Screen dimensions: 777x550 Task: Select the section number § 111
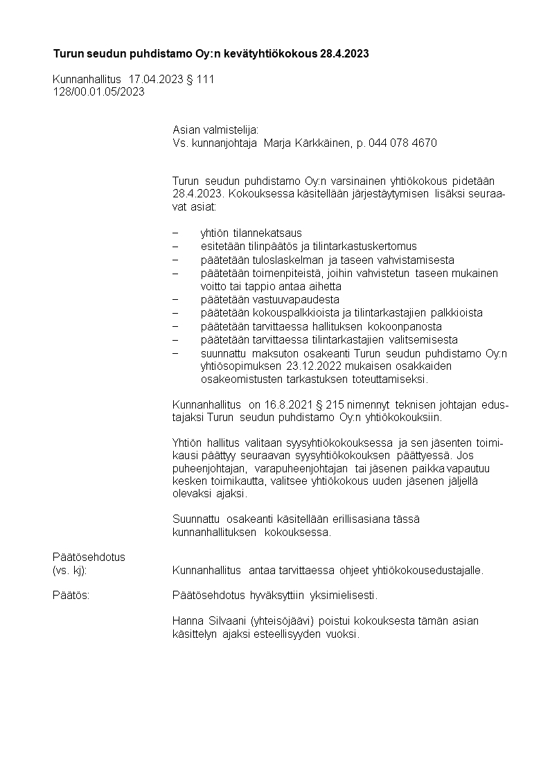click(x=201, y=80)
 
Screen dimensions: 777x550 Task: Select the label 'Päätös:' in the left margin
click(x=71, y=595)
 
